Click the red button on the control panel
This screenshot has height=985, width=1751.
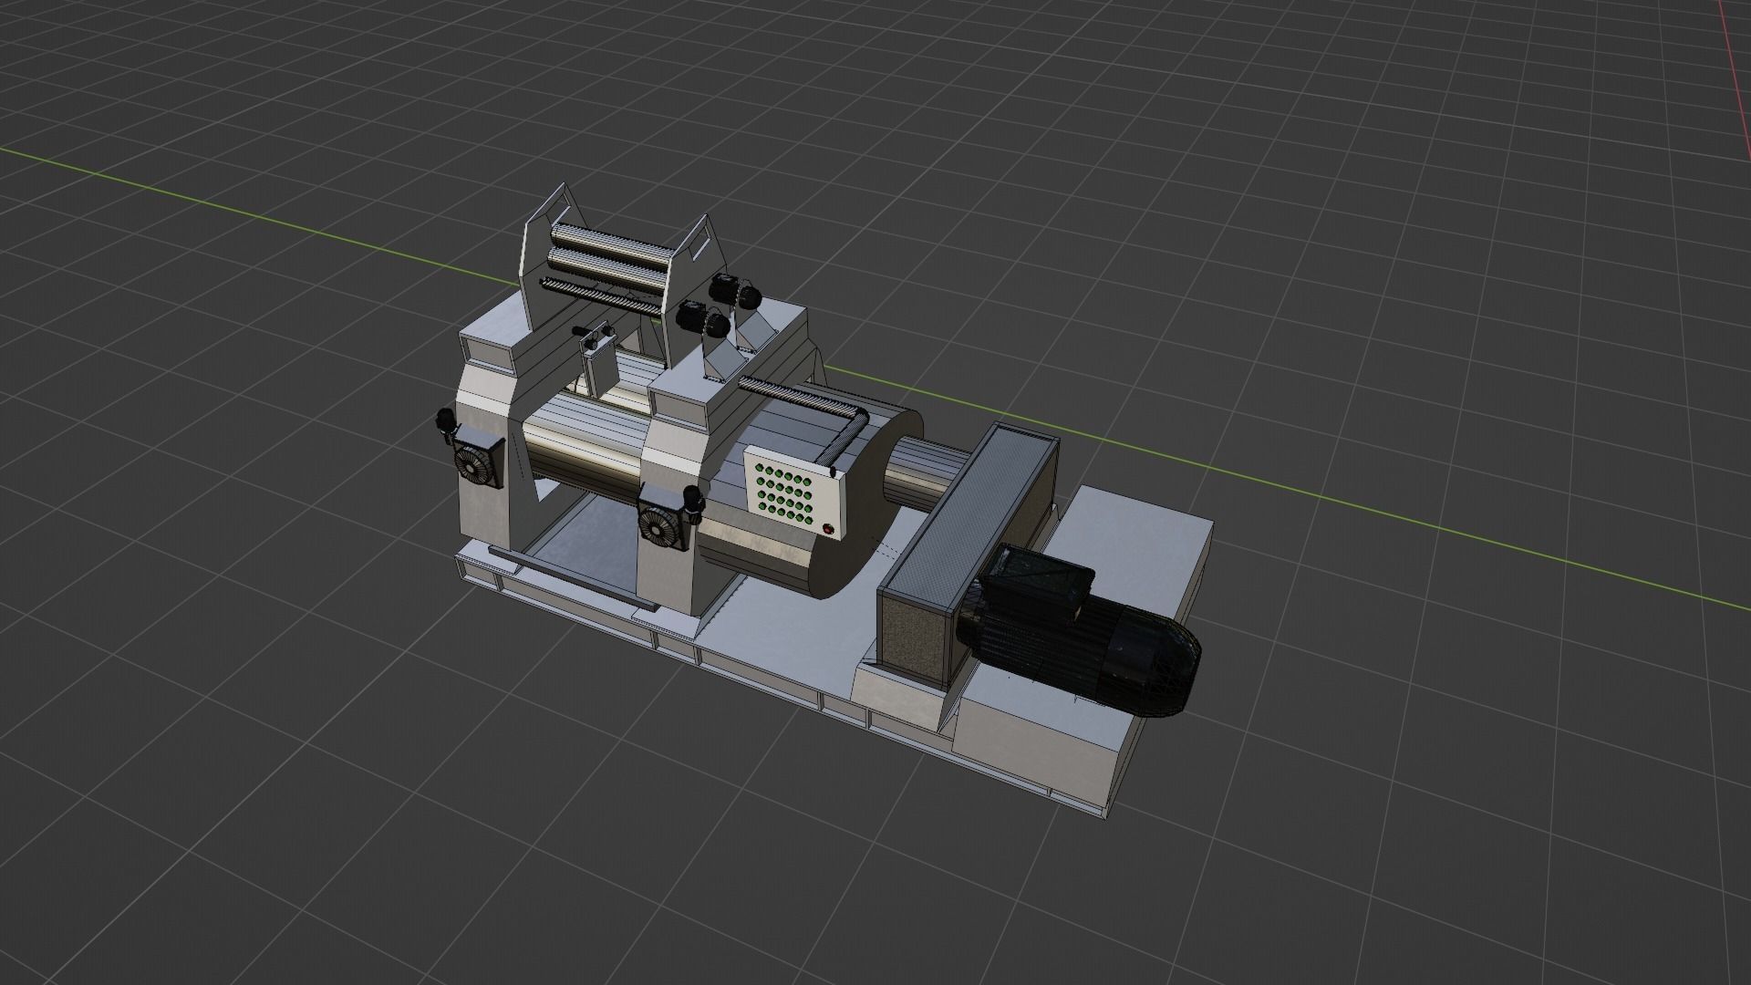[x=828, y=528]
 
